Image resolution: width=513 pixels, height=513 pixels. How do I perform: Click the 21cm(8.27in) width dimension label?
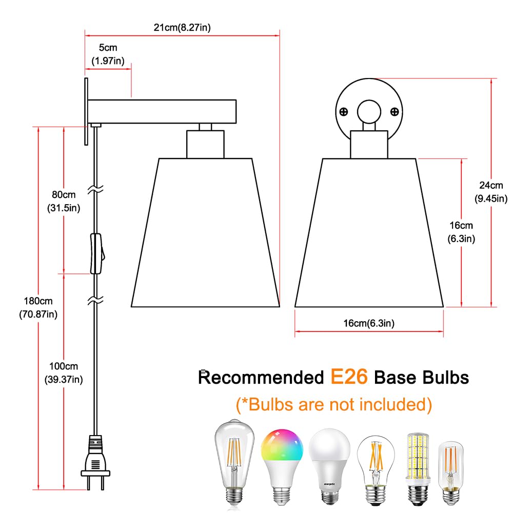[182, 28]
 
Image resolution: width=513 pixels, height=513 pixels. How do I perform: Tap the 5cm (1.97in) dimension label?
[108, 54]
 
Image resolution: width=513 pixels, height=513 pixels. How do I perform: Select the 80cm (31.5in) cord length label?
[64, 201]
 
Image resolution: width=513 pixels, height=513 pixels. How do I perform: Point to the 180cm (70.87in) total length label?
[38, 307]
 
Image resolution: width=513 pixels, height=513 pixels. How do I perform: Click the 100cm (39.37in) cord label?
[64, 372]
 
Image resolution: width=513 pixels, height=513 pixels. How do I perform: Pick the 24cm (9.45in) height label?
[491, 192]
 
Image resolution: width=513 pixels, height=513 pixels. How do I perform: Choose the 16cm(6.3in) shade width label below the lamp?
[369, 323]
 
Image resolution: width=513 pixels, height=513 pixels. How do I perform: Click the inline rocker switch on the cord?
[97, 253]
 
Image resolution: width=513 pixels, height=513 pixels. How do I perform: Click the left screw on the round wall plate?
[344, 112]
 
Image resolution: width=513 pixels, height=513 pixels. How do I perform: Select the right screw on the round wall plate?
[394, 112]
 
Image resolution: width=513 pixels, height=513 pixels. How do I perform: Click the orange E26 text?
[349, 377]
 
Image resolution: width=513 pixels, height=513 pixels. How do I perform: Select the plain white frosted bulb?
[329, 466]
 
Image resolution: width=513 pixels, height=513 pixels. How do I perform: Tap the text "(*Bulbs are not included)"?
[334, 405]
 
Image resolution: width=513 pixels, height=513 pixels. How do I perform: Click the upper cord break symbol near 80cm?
[95, 189]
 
